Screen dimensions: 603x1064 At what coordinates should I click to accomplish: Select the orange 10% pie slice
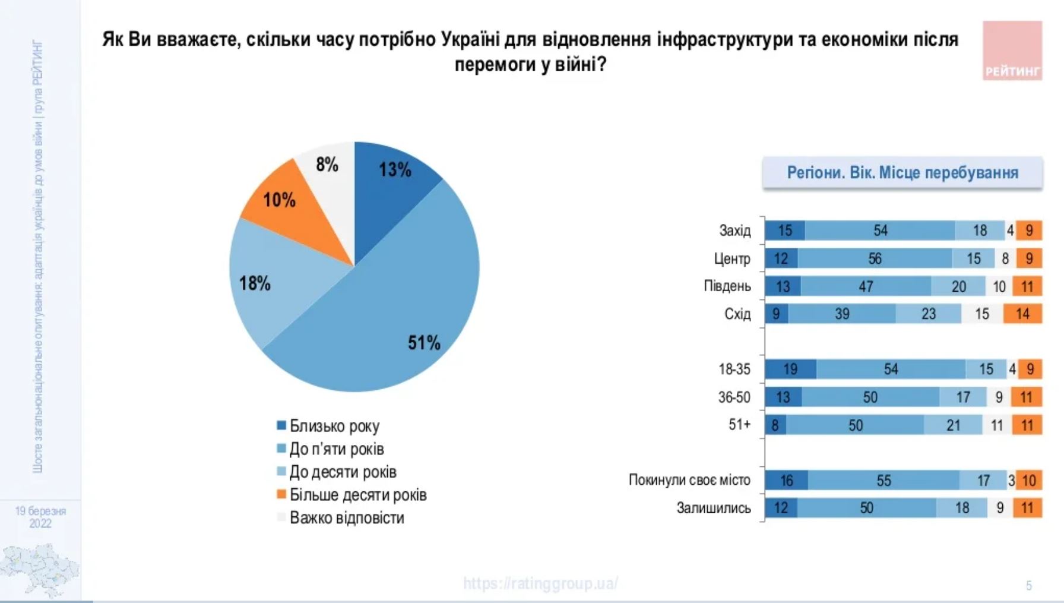coord(285,202)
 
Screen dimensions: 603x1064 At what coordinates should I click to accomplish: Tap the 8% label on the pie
coord(327,165)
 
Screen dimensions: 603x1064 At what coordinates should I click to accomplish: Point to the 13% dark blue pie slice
coord(392,178)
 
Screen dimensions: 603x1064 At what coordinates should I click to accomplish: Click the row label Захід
coord(734,231)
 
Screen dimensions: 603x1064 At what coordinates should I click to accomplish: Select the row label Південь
coord(727,286)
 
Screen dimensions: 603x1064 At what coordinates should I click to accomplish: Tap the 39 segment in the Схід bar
coord(842,314)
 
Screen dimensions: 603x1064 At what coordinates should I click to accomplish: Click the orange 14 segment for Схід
coord(1022,314)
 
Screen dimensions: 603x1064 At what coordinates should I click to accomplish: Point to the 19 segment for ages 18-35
coord(790,369)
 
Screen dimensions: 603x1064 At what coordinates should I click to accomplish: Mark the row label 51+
coord(739,425)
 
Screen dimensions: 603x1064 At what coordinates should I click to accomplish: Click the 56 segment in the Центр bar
coord(875,258)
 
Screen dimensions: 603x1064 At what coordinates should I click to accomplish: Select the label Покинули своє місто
coord(689,480)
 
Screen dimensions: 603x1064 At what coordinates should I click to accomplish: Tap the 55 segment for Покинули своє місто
coord(883,480)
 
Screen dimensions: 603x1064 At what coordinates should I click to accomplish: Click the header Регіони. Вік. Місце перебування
coord(902,173)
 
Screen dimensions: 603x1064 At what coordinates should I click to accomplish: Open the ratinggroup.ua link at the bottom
coord(540,583)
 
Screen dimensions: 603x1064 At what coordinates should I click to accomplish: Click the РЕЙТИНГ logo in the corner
coord(1012,51)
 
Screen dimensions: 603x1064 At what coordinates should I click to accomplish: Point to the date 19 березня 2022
coord(40,517)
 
